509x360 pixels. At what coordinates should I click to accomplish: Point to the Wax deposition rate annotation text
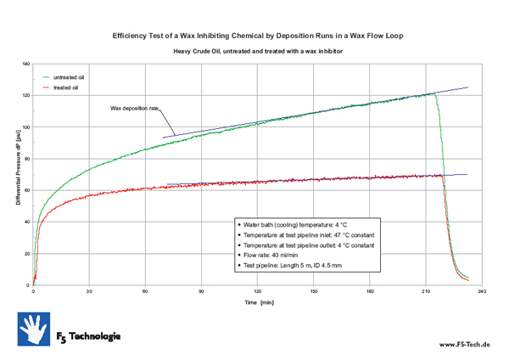click(x=135, y=108)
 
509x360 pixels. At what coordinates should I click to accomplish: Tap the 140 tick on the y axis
click(x=25, y=65)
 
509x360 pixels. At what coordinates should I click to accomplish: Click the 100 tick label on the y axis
click(x=25, y=127)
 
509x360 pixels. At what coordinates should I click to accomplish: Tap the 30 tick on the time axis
click(x=88, y=291)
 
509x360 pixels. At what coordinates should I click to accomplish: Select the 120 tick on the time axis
click(x=257, y=291)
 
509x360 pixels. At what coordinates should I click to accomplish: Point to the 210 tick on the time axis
click(x=425, y=291)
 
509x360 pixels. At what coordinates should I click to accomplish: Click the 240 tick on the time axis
click(x=481, y=291)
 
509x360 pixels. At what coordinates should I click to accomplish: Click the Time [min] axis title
click(x=260, y=301)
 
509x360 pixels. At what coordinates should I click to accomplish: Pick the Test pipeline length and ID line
click(x=303, y=265)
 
